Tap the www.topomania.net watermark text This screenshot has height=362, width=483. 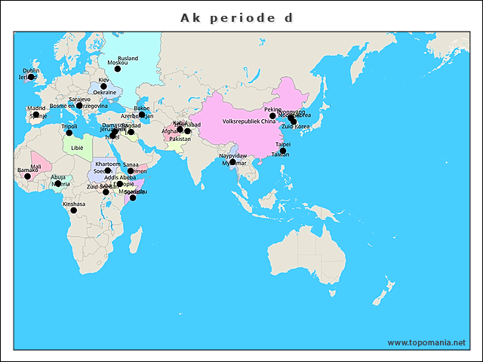[426, 342]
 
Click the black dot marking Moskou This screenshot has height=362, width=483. [118, 69]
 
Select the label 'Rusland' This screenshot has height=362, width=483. [128, 58]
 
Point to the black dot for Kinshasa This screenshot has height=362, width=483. [74, 210]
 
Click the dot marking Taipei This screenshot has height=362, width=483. [283, 151]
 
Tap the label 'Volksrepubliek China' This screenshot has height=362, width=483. [249, 121]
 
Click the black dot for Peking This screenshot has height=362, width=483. [273, 116]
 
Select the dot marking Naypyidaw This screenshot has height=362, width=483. [233, 162]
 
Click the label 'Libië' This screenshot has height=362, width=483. [77, 149]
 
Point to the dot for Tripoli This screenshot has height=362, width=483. [69, 133]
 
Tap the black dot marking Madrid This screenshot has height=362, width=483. [36, 115]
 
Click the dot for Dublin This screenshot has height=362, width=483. [32, 76]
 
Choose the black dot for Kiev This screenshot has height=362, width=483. [104, 86]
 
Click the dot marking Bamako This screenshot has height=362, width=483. [28, 176]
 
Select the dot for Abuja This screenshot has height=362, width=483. [58, 183]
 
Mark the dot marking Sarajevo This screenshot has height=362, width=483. [79, 106]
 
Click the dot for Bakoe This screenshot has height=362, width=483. [142, 115]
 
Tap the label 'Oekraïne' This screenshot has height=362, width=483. [105, 93]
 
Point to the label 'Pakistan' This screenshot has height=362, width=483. [180, 139]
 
